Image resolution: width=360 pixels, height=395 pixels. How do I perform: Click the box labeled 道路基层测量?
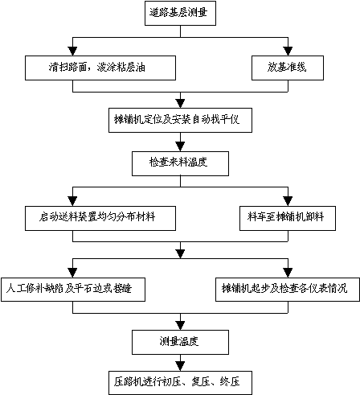click(180, 13)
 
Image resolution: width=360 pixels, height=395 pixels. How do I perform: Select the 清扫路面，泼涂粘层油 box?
click(100, 68)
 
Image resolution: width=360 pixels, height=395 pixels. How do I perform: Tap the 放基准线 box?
click(288, 68)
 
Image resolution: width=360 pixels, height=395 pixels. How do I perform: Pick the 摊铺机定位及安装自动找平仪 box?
click(180, 120)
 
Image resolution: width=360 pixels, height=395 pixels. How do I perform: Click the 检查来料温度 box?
click(180, 163)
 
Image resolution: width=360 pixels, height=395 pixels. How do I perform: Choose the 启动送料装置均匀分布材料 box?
click(100, 218)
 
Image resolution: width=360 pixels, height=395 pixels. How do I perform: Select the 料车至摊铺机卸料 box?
click(288, 218)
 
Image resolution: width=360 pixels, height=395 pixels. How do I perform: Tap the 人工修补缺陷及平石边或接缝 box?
click(73, 290)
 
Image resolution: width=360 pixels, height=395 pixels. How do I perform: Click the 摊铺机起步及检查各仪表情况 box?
click(288, 290)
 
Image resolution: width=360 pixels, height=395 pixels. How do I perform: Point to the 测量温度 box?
click(180, 342)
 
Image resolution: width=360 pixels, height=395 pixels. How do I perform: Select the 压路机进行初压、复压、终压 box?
click(180, 383)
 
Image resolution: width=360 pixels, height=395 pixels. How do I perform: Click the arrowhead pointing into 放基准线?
click(288, 51)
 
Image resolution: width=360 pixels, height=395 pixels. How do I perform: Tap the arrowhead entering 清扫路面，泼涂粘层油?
click(72, 51)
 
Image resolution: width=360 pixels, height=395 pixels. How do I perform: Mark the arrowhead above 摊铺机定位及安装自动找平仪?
click(180, 104)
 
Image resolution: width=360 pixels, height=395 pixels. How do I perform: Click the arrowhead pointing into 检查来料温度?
click(180, 146)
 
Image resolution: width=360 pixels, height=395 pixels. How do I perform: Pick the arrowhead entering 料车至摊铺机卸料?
click(288, 201)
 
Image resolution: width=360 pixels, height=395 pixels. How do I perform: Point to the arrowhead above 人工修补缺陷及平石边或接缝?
click(72, 273)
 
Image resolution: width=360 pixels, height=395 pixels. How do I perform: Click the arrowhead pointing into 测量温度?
click(180, 325)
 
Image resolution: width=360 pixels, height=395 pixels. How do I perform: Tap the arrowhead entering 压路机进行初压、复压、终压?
click(180, 366)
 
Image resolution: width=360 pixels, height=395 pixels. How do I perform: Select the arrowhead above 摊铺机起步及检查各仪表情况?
click(288, 273)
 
